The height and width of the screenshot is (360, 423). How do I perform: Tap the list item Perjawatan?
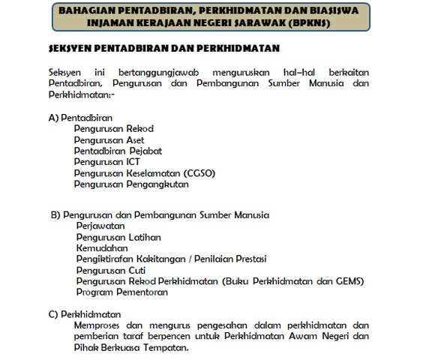click(100, 226)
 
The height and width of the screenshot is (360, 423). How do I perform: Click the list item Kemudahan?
click(102, 248)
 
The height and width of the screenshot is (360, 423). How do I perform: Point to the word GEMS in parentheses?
click(347, 281)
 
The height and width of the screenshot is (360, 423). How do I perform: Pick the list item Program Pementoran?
click(122, 292)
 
